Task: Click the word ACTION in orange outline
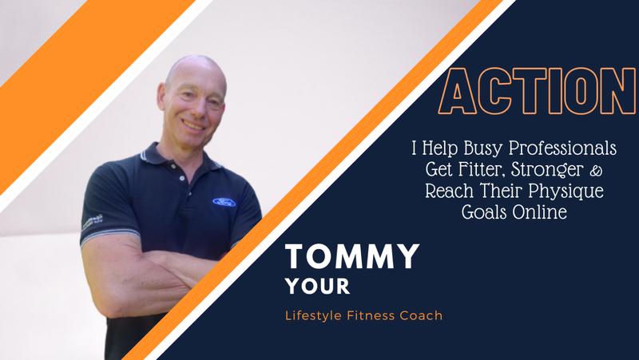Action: click(537, 91)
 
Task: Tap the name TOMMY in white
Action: click(352, 256)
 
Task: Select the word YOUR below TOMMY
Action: click(318, 287)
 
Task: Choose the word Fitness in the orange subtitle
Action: click(371, 315)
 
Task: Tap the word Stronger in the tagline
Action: click(547, 169)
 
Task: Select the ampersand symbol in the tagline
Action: click(595, 171)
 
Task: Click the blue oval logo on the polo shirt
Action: click(224, 202)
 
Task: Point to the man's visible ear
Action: click(162, 97)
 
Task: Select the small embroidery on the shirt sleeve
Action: click(93, 223)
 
